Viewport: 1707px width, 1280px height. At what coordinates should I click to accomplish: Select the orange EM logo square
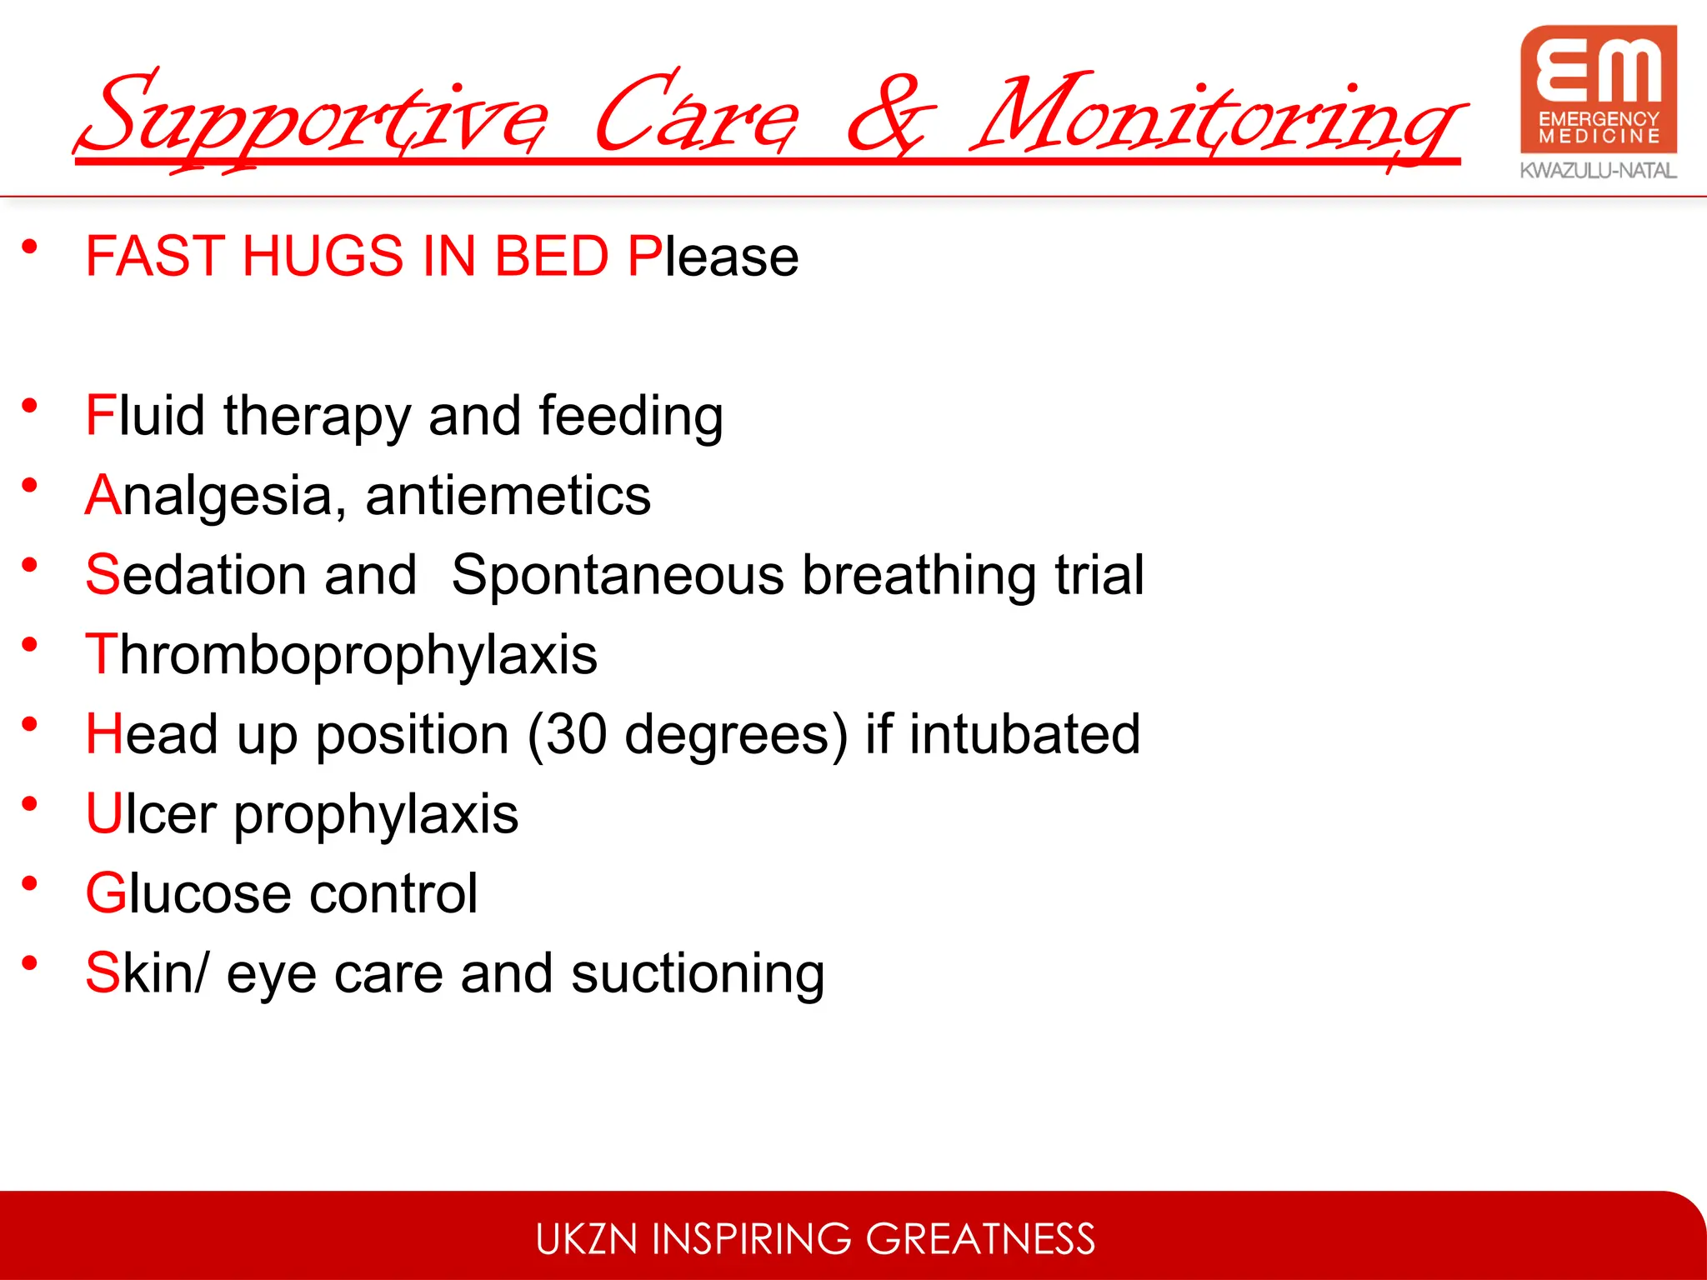[x=1598, y=89]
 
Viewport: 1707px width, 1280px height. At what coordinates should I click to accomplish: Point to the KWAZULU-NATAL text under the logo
[x=1598, y=171]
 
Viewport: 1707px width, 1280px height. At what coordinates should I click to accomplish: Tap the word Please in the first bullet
[x=713, y=256]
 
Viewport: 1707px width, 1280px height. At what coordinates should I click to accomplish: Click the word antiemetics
[x=508, y=495]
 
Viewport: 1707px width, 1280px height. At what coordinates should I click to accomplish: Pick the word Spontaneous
[x=618, y=575]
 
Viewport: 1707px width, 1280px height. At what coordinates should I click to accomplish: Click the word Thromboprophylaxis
[x=342, y=655]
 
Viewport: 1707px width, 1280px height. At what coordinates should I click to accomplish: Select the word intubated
[x=1024, y=734]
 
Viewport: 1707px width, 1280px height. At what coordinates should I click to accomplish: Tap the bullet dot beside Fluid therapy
[x=30, y=406]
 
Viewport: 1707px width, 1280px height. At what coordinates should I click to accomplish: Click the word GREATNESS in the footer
[x=980, y=1239]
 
